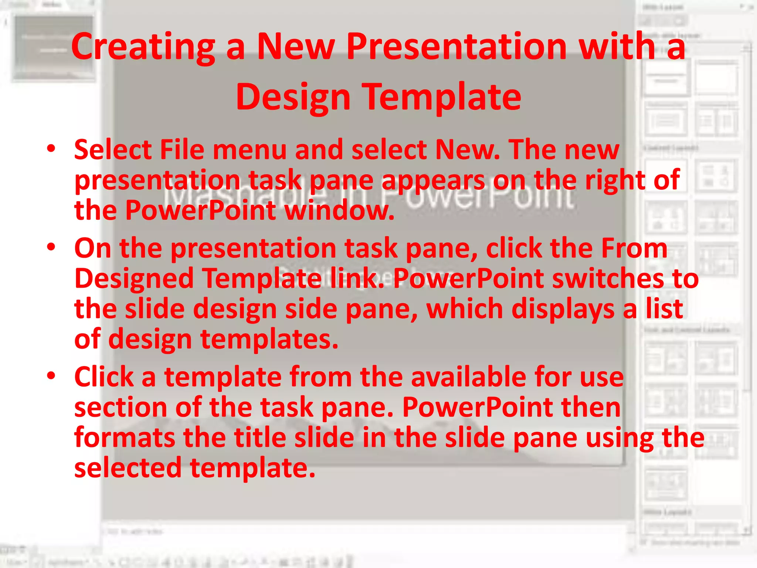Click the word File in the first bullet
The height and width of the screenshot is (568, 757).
click(181, 150)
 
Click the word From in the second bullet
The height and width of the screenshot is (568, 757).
click(634, 248)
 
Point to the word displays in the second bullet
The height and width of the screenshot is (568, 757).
click(561, 309)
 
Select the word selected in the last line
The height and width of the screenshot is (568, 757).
click(128, 468)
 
